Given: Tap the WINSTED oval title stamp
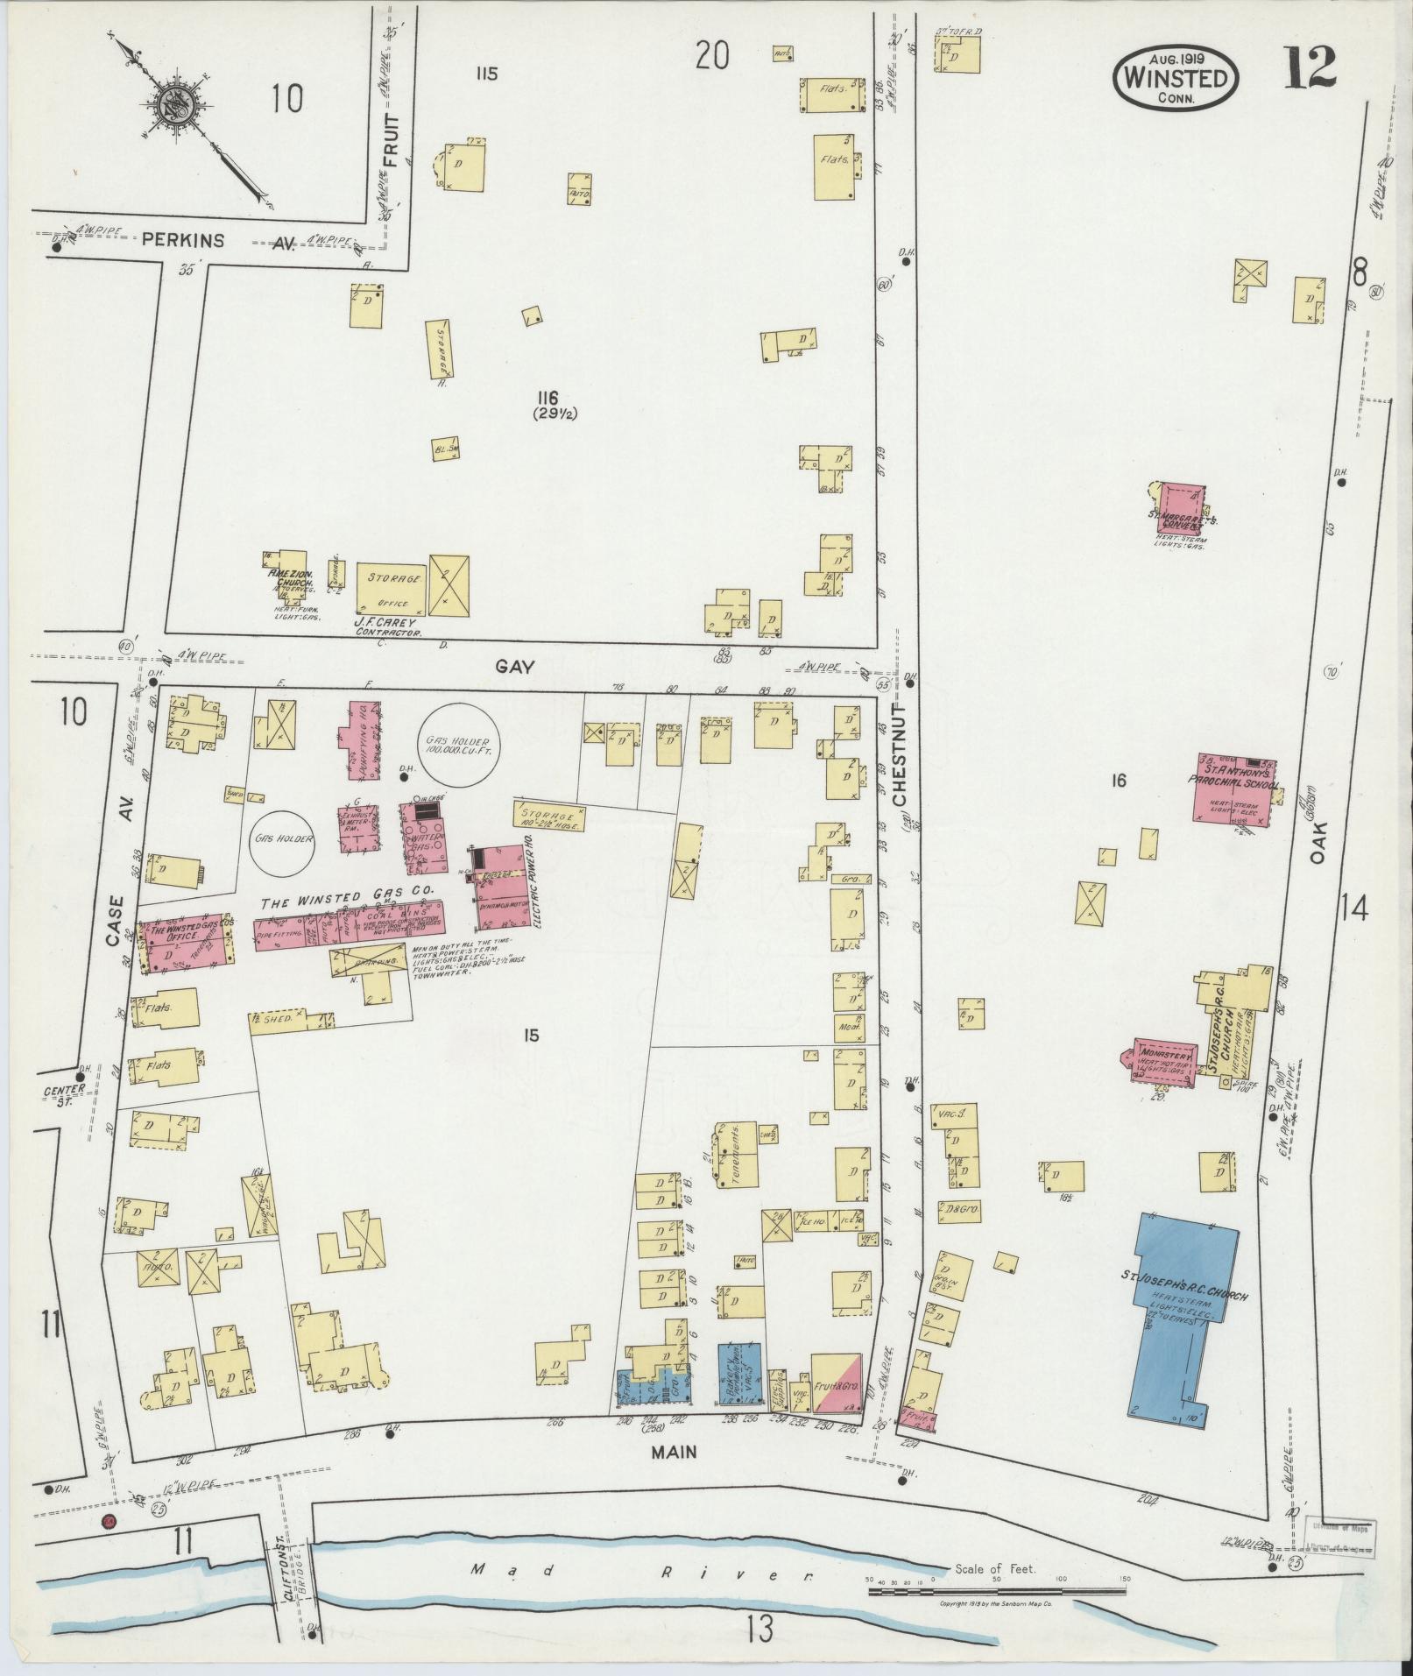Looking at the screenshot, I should pos(1176,78).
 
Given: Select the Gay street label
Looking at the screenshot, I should pos(515,667).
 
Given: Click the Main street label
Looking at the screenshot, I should pos(674,1452).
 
